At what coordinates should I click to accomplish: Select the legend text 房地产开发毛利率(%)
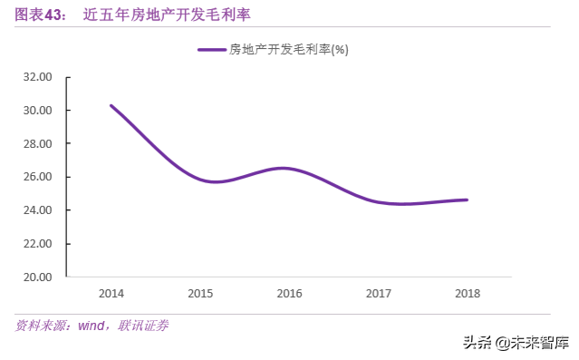[288, 50]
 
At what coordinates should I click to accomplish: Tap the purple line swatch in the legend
[212, 50]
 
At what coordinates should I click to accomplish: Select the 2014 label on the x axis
[111, 294]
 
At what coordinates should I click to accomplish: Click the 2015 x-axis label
[200, 294]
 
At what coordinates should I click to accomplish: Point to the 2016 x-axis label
[289, 294]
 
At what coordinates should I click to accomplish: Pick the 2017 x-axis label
[378, 294]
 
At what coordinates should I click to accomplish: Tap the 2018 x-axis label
[467, 294]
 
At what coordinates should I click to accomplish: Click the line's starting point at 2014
[111, 106]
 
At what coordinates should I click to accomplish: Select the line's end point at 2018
[467, 199]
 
